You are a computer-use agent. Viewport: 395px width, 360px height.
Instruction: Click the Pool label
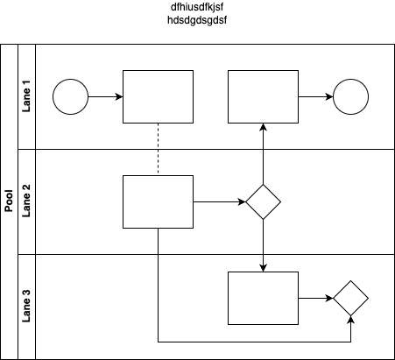[9, 201]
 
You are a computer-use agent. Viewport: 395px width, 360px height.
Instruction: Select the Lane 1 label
[26, 100]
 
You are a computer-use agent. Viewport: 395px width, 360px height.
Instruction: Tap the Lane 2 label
[26, 201]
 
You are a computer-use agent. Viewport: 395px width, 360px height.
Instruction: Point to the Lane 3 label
[26, 306]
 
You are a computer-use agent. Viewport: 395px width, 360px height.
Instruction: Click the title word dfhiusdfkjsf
[197, 7]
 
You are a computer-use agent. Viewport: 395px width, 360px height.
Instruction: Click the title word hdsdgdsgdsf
[197, 20]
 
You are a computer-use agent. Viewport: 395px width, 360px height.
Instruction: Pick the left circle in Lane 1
[70, 96]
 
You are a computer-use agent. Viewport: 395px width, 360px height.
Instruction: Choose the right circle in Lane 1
[350, 96]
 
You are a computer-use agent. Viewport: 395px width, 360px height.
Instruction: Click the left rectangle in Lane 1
[158, 96]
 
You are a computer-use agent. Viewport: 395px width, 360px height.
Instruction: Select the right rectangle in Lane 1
[263, 96]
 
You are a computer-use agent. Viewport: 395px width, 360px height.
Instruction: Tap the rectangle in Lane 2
[158, 201]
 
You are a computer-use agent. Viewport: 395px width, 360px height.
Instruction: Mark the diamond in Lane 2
[263, 201]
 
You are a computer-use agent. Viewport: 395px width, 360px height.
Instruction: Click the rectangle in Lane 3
[263, 298]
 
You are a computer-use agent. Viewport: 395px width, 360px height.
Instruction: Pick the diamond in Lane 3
[350, 298]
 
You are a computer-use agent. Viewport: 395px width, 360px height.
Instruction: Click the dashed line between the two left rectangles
[158, 149]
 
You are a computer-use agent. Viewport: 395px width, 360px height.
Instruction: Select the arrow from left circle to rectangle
[105, 96]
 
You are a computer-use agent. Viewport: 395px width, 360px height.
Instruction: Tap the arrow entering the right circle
[315, 96]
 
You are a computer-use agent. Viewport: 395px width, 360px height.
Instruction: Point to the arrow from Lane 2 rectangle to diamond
[219, 201]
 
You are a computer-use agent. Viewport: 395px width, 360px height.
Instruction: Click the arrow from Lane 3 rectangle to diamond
[315, 298]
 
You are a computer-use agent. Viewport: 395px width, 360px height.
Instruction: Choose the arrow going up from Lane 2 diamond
[263, 153]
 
